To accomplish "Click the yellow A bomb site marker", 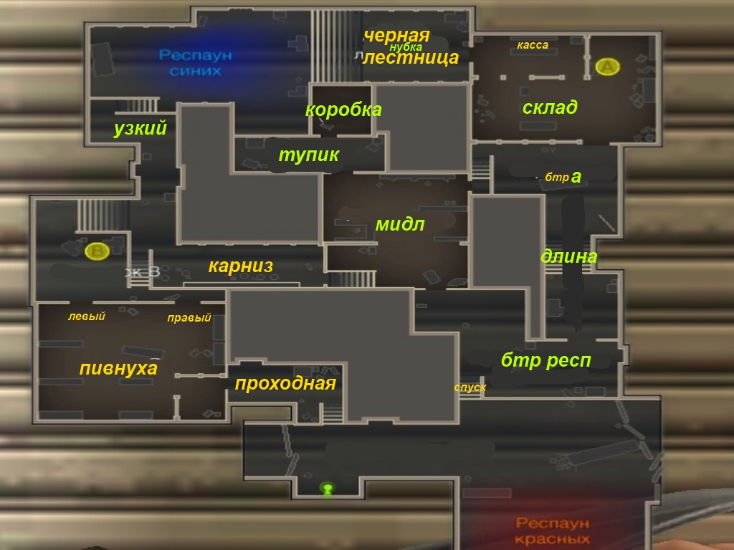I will point(607,67).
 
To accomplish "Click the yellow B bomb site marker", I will point(96,251).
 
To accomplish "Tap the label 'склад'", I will point(550,108).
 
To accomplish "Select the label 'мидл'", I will point(400,225).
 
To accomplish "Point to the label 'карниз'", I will point(241,266).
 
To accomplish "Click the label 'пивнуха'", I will point(118,369).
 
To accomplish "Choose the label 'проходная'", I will point(285,384).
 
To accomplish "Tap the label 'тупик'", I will point(308,155).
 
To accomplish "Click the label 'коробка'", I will point(343,110).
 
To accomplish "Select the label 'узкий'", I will point(140,129).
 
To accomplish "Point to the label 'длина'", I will point(569,256).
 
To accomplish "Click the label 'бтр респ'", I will point(546,361).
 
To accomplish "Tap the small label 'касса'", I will point(533,45).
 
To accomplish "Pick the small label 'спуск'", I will point(470,387).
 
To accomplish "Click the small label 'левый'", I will point(87,317).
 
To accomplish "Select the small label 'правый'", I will point(189,319).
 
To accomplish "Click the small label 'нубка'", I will point(406,47).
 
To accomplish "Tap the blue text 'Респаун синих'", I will point(196,63).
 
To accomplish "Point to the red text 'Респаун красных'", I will point(552,531).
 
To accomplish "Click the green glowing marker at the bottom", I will point(328,488).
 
